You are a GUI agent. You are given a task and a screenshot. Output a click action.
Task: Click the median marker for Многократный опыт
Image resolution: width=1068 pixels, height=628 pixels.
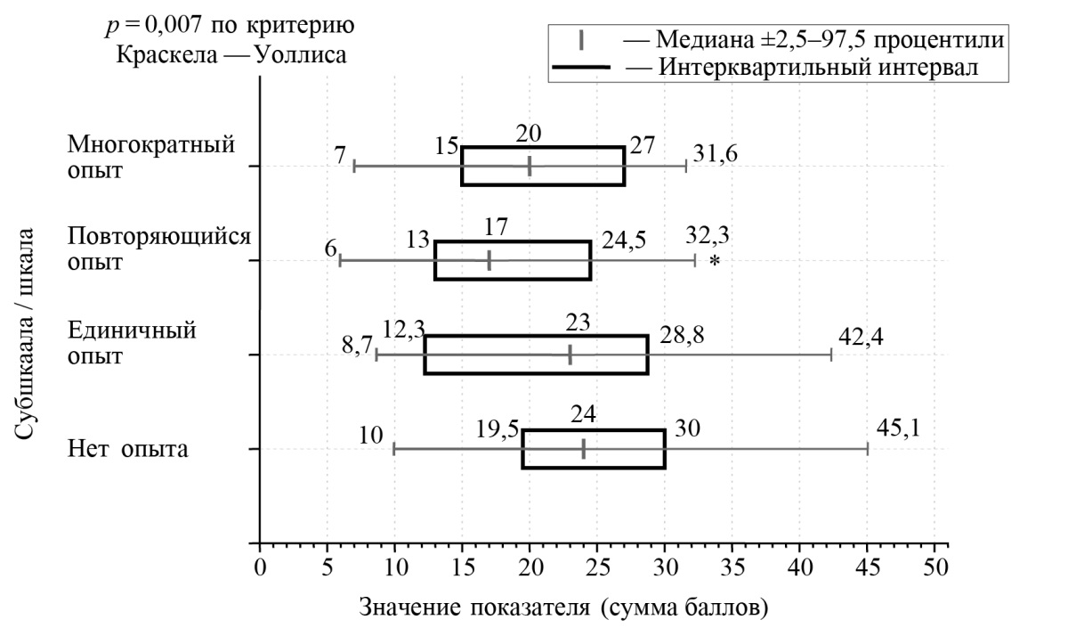(530, 166)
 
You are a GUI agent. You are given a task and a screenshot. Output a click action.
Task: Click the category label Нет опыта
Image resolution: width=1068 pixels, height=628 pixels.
(128, 448)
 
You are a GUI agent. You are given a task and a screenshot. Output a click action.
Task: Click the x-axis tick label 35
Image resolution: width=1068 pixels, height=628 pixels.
(732, 567)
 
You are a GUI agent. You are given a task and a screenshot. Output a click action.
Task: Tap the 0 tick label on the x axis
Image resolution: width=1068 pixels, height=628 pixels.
(260, 567)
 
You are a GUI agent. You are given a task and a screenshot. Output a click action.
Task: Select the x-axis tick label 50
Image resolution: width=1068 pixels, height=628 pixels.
(934, 567)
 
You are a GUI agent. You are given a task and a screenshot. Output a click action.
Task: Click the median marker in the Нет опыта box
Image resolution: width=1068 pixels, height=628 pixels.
(583, 449)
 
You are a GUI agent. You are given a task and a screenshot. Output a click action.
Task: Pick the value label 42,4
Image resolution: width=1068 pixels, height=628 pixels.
(862, 337)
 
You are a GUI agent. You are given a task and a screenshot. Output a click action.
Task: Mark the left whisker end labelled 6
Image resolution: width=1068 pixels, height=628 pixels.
(341, 261)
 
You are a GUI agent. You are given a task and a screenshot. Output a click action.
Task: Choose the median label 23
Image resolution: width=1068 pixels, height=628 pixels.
(577, 322)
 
